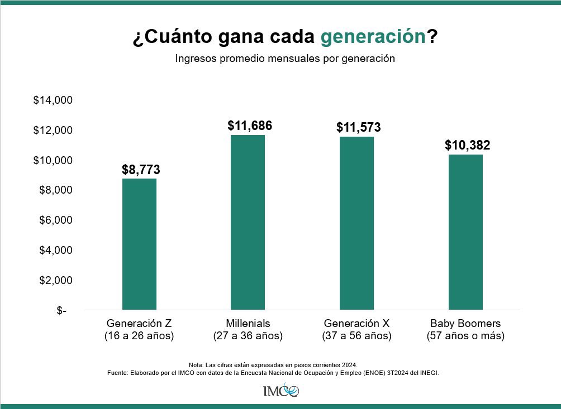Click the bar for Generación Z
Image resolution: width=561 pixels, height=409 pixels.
[x=139, y=244]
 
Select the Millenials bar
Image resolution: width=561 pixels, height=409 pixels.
[x=248, y=222]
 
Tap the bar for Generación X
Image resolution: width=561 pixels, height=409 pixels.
[x=356, y=223]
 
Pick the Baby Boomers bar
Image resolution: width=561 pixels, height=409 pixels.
[x=465, y=232]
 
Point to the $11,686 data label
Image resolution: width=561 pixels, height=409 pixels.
[x=250, y=126]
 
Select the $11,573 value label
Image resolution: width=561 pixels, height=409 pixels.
[x=358, y=127]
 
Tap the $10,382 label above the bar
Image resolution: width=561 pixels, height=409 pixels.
[x=467, y=146]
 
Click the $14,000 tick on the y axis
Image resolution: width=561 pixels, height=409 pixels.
[x=53, y=100]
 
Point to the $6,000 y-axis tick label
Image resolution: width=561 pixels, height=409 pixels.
[x=56, y=220]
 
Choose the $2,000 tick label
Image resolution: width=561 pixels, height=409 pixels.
[x=56, y=280]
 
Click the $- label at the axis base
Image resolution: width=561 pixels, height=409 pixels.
[x=61, y=311]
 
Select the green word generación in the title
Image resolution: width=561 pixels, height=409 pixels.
[x=373, y=37]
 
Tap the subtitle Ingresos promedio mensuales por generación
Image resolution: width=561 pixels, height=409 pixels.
[x=285, y=58]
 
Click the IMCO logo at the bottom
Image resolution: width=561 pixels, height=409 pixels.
[x=280, y=390]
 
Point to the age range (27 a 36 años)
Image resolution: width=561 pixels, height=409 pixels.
[x=248, y=336]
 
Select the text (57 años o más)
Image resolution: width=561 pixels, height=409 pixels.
[x=465, y=336]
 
